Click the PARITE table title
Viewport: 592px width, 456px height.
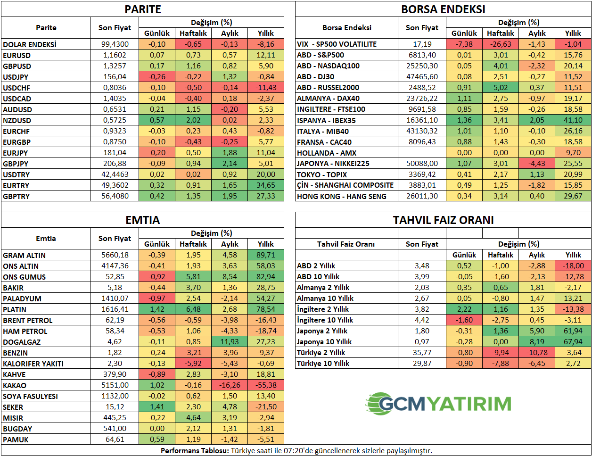click(142, 9)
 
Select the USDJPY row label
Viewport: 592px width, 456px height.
click(16, 77)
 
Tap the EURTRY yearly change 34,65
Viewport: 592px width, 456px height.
click(266, 185)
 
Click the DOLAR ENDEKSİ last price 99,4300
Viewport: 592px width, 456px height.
click(115, 44)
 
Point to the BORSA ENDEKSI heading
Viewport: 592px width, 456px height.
click(443, 9)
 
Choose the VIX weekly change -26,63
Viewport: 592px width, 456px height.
click(501, 44)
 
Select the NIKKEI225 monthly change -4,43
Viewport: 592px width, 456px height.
click(537, 164)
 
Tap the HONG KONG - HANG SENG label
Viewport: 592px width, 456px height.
click(342, 196)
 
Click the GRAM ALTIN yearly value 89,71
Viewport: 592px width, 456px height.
click(266, 255)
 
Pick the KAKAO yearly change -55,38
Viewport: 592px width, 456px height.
click(266, 385)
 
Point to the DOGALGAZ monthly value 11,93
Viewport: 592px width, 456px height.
click(230, 342)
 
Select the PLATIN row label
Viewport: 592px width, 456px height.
click(15, 309)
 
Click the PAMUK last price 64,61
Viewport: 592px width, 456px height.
click(115, 439)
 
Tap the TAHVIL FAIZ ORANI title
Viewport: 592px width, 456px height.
click(443, 220)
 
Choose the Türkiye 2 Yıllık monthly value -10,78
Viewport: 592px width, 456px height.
click(537, 353)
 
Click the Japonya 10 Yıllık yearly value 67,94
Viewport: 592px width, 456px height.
click(573, 342)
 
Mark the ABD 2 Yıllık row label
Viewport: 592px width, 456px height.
click(316, 266)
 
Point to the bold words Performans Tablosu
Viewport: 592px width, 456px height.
click(195, 451)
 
